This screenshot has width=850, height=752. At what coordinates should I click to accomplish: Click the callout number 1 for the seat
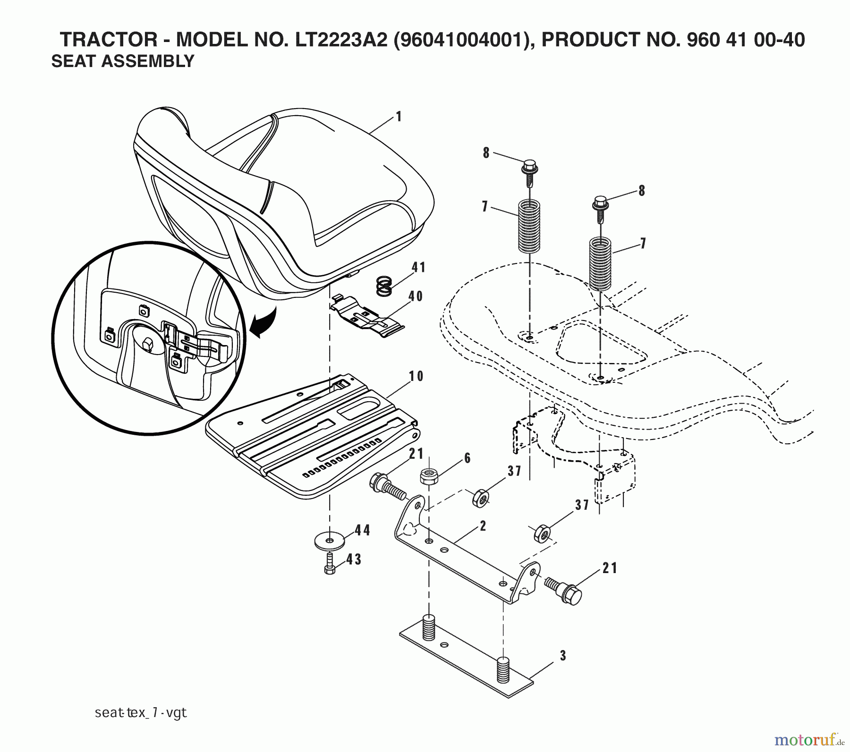click(x=399, y=116)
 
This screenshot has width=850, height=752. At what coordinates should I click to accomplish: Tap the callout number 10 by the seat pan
click(x=416, y=376)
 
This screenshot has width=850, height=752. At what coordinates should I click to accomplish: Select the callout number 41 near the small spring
click(x=418, y=267)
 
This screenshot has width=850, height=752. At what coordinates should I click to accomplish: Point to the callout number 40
click(x=416, y=296)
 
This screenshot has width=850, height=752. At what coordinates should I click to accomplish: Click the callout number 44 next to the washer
click(x=362, y=530)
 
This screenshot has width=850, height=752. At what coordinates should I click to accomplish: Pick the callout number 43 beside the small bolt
click(x=354, y=559)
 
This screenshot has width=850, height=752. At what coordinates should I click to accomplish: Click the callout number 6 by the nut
click(x=467, y=458)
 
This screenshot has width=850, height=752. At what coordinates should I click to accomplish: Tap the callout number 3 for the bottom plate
click(x=562, y=656)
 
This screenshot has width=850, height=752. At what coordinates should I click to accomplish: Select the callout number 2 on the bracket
click(x=483, y=526)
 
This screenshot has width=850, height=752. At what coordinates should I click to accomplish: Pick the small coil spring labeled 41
click(x=385, y=286)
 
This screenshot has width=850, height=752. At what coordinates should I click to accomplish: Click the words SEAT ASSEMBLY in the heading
click(x=122, y=61)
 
